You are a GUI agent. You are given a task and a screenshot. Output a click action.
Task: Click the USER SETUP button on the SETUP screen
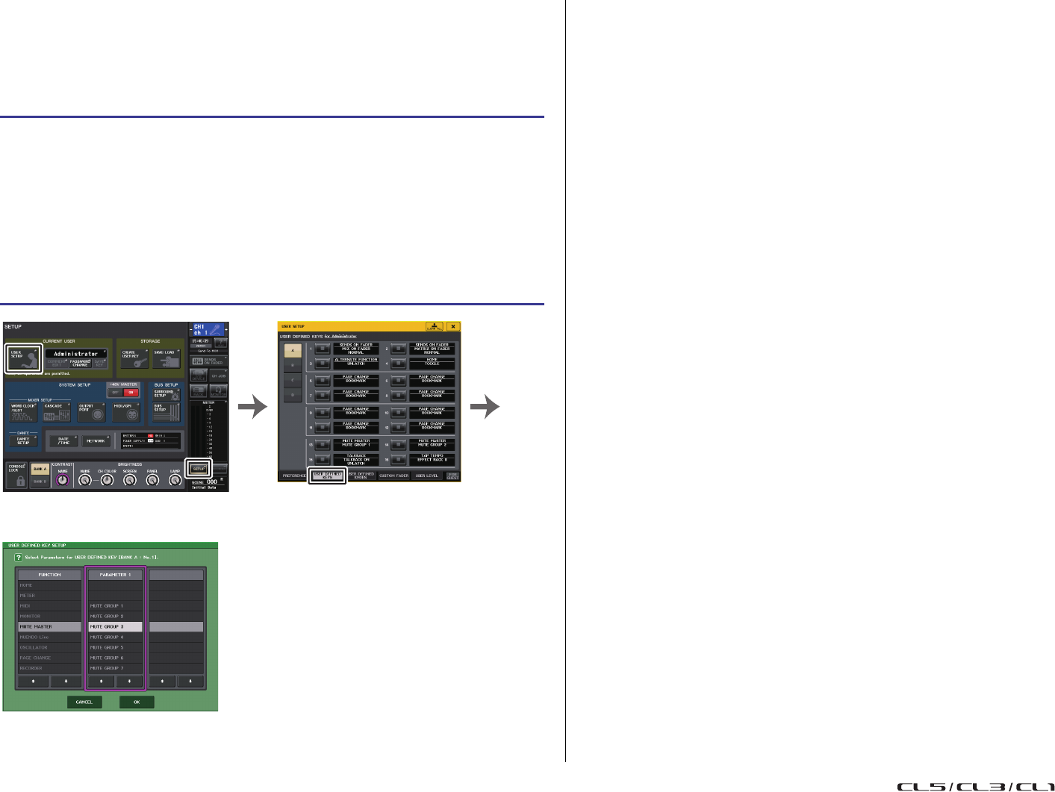click(21, 357)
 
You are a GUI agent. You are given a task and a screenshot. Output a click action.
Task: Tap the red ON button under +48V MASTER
click(131, 393)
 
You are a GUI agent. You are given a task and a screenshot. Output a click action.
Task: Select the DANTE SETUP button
click(23, 440)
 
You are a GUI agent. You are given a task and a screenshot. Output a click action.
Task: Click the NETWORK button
click(95, 440)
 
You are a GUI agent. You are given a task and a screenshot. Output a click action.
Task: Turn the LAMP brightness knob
click(175, 480)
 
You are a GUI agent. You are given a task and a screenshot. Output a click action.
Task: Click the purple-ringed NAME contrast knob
click(63, 480)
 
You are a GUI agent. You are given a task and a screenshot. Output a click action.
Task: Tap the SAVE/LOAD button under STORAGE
click(166, 358)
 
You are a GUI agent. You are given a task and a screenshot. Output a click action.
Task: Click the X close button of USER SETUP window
click(452, 326)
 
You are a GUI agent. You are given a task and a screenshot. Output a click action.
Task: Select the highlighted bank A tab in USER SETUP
click(292, 350)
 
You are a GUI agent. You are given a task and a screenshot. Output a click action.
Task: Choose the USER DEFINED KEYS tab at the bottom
click(327, 475)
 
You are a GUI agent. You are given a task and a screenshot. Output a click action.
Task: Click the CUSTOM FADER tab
click(393, 475)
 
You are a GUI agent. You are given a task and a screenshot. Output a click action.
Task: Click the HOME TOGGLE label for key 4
click(432, 362)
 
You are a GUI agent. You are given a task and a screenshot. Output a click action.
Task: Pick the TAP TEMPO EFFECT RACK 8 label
click(432, 458)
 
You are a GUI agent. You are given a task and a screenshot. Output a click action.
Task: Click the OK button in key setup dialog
click(137, 702)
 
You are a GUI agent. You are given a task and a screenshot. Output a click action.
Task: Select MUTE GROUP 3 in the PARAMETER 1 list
click(115, 627)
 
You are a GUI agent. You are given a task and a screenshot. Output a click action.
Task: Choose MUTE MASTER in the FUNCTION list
click(49, 627)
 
